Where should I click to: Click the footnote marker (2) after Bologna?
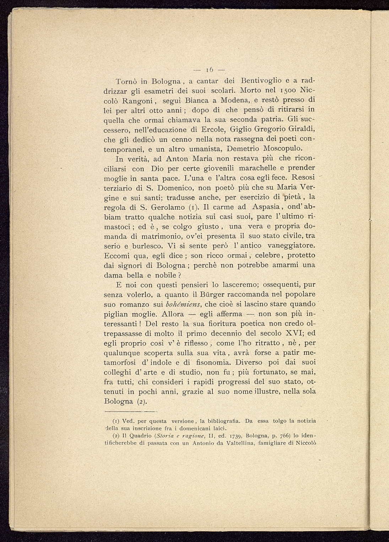[x=141, y=402]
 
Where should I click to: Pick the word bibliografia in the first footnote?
[x=224, y=421]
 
